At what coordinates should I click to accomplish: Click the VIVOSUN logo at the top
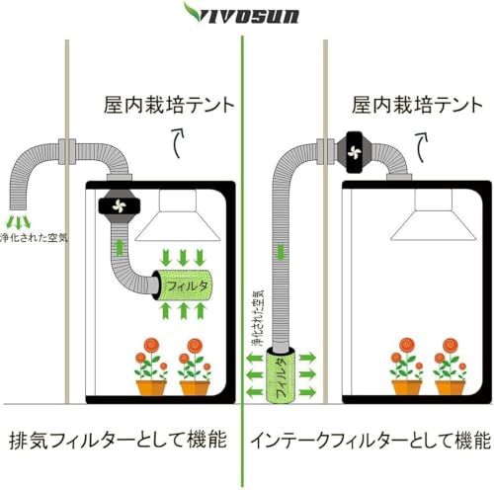click(246, 14)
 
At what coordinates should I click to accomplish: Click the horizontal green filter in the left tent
click(184, 285)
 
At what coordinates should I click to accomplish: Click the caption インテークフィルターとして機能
click(369, 440)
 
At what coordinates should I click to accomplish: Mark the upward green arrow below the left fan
click(120, 245)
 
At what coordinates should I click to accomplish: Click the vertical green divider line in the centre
click(242, 247)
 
